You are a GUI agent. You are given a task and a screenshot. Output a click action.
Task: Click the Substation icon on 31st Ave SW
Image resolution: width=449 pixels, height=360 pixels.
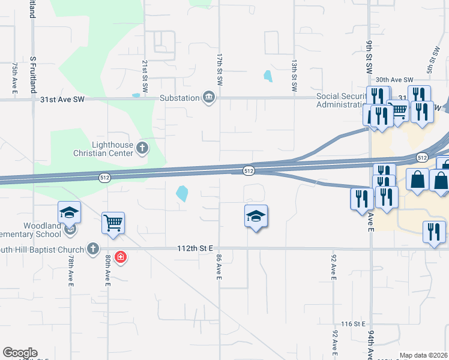click(209, 98)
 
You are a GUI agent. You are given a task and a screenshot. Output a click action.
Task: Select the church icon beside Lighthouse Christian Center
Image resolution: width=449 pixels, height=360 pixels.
click(142, 148)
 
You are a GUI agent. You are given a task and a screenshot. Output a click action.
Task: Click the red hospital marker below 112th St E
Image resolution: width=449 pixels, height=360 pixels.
click(121, 257)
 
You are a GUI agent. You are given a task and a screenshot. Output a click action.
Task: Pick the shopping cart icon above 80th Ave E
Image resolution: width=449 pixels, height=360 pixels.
click(113, 223)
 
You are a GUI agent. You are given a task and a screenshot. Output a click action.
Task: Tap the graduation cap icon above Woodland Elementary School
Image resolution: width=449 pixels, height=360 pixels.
click(69, 212)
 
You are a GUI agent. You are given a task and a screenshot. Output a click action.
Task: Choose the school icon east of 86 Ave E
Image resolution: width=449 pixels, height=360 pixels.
click(256, 217)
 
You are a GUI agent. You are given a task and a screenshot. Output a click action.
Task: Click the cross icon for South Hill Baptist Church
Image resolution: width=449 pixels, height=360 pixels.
click(92, 248)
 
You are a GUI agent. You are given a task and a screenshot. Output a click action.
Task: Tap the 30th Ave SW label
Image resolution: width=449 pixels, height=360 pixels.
click(394, 80)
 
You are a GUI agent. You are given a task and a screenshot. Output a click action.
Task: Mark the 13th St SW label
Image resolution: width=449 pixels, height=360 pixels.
click(295, 75)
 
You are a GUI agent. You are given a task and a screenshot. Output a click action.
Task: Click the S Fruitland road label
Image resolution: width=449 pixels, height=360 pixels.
click(32, 74)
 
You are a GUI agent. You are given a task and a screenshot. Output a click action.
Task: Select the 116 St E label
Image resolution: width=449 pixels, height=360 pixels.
click(353, 324)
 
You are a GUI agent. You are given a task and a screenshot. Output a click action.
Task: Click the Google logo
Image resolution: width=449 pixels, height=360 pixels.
click(20, 353)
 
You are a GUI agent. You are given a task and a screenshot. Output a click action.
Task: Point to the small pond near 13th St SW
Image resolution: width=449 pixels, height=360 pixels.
click(267, 76)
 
